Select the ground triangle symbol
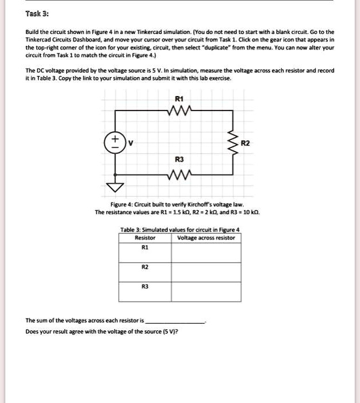tap(115, 185)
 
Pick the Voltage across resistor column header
tap(206, 238)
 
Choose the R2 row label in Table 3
tap(145, 267)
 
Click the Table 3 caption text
tap(179, 230)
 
